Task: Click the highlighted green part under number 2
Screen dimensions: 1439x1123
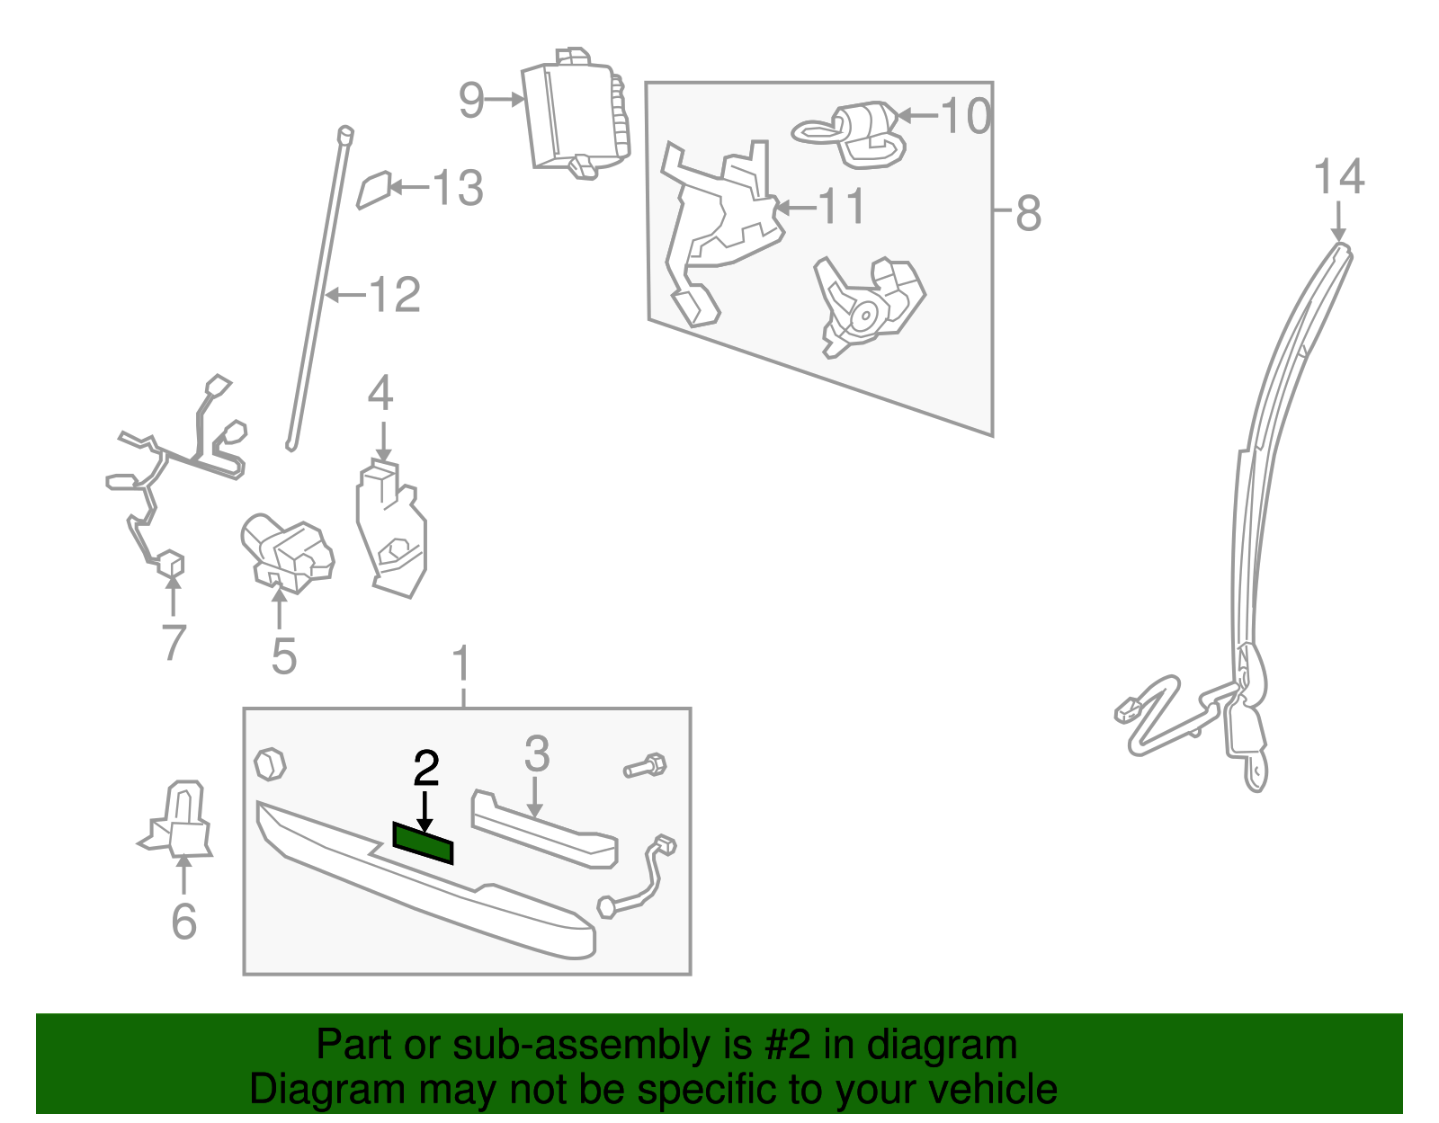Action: (423, 842)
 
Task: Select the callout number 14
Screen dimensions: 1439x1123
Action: (1338, 177)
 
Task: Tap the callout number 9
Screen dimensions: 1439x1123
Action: (471, 100)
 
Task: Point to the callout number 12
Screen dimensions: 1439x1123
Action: (395, 295)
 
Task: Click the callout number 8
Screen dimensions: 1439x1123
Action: (1028, 214)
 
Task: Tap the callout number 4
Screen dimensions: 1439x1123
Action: (380, 394)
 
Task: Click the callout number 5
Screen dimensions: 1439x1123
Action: (283, 656)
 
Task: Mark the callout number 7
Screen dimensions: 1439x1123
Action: (174, 642)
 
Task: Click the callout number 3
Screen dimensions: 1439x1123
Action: (536, 753)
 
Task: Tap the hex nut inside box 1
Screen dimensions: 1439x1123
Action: (270, 764)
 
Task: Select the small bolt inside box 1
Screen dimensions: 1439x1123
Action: (645, 767)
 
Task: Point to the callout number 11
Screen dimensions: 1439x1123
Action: (842, 207)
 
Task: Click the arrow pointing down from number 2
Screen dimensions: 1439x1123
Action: (425, 809)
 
